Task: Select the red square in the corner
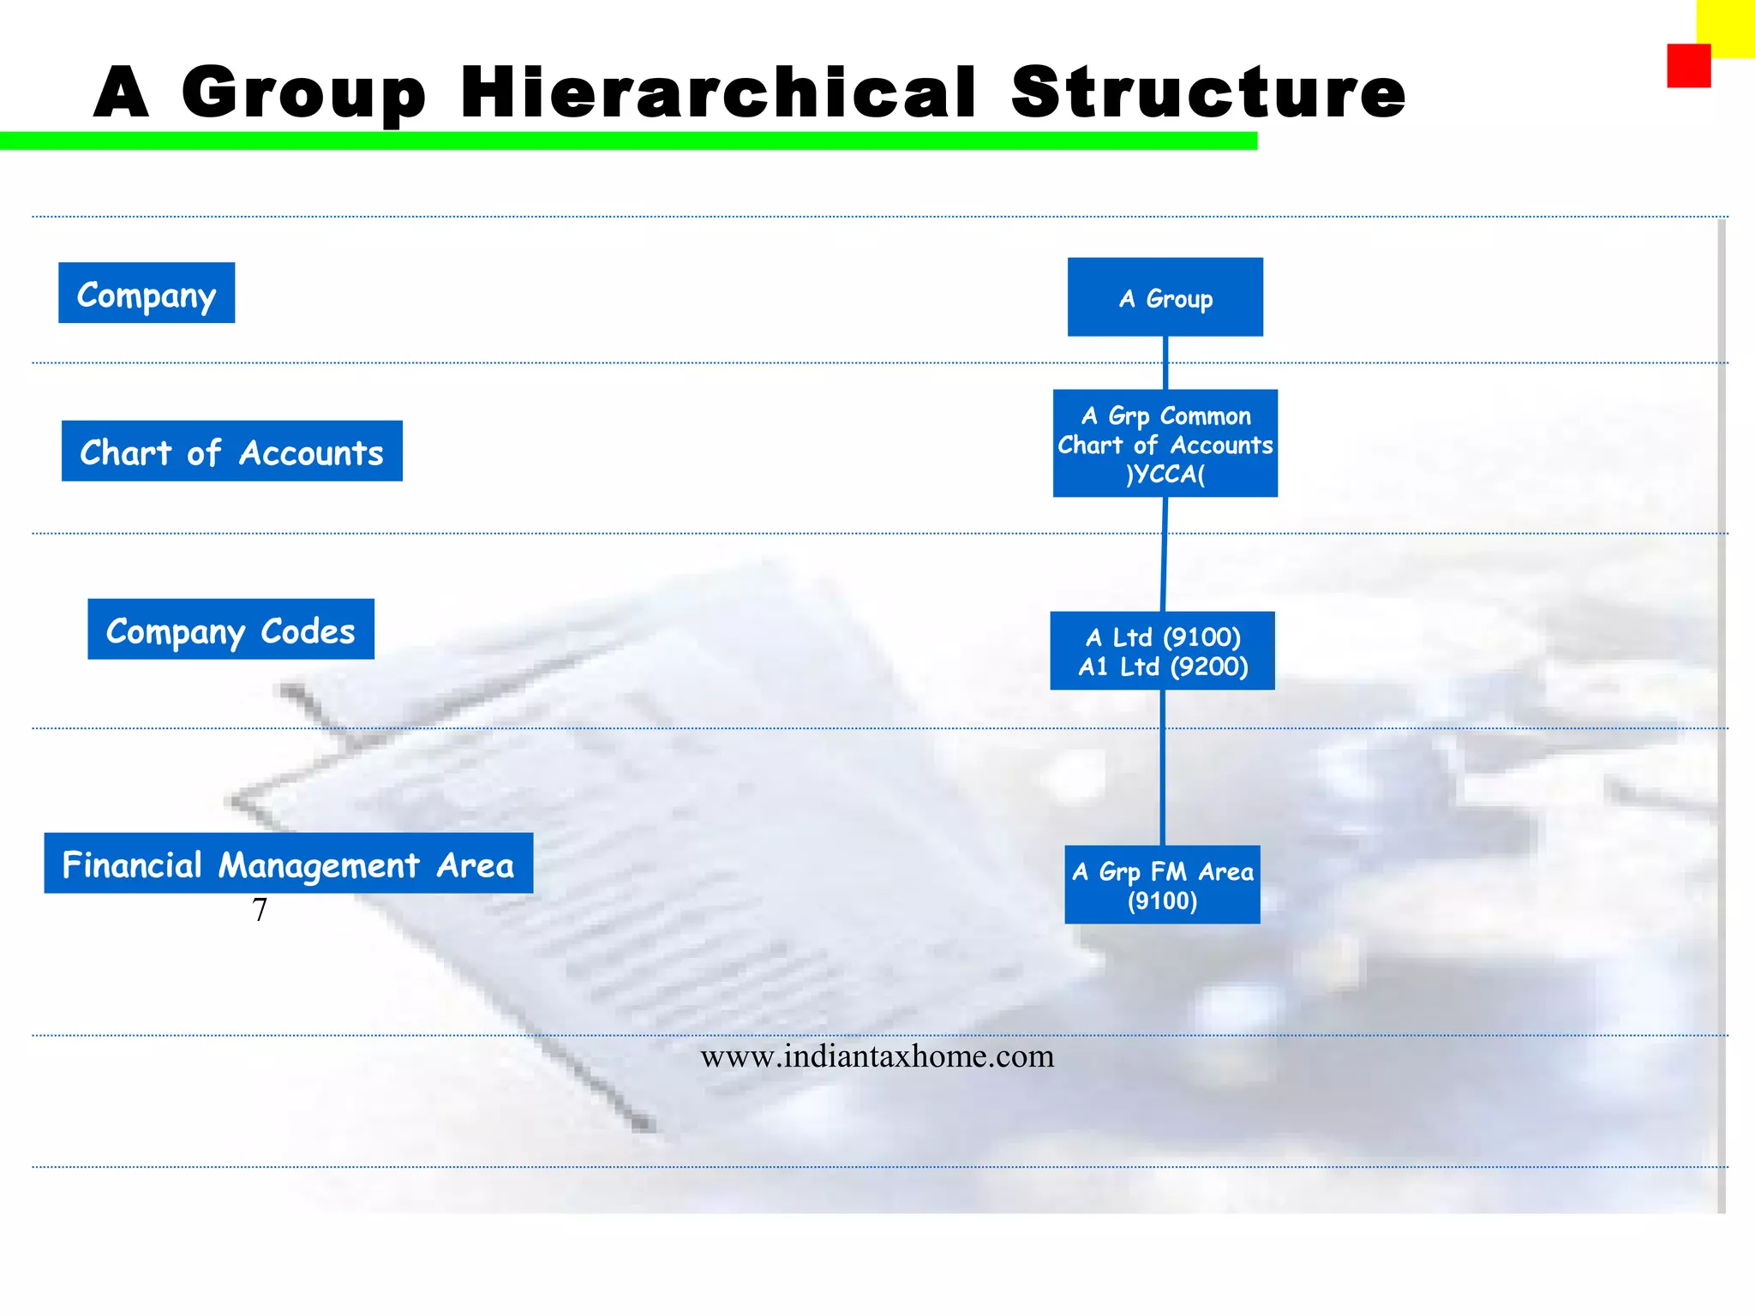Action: pyautogui.click(x=1688, y=66)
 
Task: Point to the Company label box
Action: pyautogui.click(x=147, y=293)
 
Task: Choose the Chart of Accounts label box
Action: pyautogui.click(x=231, y=452)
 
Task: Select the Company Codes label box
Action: pyautogui.click(x=231, y=630)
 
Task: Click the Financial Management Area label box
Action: pyautogui.click(x=288, y=864)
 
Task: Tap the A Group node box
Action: pyautogui.click(x=1165, y=297)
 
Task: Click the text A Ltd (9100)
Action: pyautogui.click(x=1163, y=637)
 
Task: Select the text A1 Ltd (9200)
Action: pyautogui.click(x=1163, y=667)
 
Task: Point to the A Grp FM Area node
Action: pyautogui.click(x=1162, y=884)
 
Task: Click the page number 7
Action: pyautogui.click(x=260, y=910)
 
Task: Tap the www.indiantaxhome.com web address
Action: pyautogui.click(x=877, y=1056)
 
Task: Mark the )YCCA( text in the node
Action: pyautogui.click(x=1165, y=474)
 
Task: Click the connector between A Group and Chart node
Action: pyautogui.click(x=1165, y=362)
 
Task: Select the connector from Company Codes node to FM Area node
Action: pyautogui.click(x=1162, y=767)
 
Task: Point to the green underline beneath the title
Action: pyautogui.click(x=628, y=141)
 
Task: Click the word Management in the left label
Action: pyautogui.click(x=319, y=865)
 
